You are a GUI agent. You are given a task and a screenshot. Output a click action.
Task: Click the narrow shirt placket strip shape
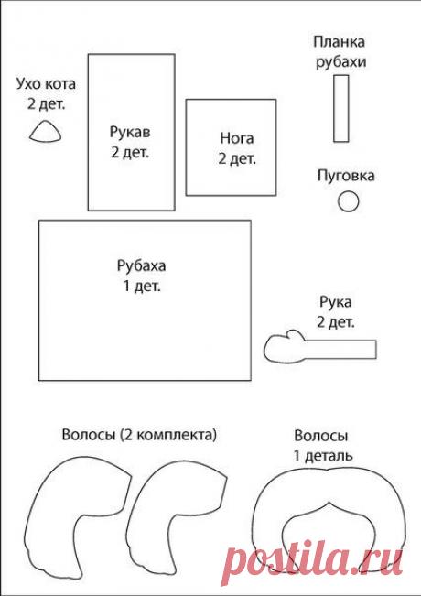point(340,108)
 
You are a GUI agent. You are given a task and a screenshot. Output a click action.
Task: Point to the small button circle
point(348,201)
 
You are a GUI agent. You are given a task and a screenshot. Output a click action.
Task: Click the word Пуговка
point(346,176)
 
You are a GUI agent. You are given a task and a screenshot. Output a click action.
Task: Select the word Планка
point(340,43)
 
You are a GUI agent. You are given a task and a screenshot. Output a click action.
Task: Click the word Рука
point(336,302)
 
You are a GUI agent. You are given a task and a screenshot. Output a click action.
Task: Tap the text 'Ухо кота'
point(46,84)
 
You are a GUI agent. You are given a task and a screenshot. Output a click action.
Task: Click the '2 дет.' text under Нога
point(236,158)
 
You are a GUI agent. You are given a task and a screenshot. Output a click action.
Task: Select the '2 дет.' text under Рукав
point(130,152)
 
